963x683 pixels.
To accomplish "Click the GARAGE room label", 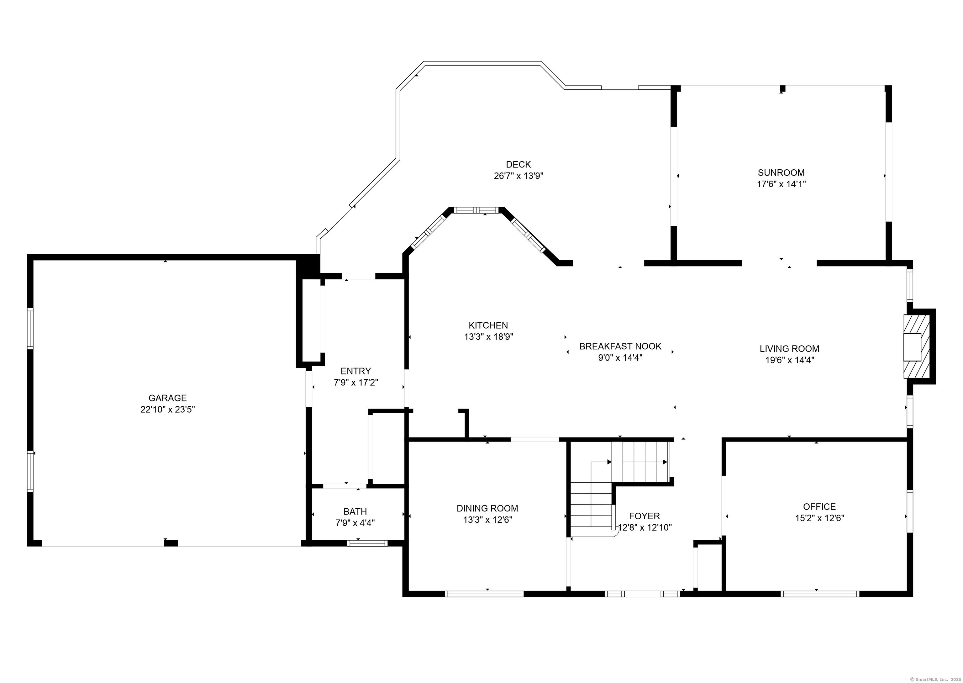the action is point(167,398).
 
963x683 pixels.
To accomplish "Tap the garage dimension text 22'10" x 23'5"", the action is point(168,409).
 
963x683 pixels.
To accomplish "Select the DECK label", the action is point(518,164).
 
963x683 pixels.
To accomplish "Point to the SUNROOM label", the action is point(781,172).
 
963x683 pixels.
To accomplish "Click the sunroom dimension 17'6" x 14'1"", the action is point(781,184).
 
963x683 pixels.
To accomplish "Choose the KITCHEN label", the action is point(488,325).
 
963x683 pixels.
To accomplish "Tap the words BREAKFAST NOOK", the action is point(620,346).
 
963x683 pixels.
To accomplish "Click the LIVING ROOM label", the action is point(789,349).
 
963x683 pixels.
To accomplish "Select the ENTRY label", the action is point(355,371).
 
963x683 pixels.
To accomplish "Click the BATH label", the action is point(355,511).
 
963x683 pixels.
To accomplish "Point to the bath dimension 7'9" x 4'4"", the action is point(355,523).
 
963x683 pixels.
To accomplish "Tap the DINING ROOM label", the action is point(487,508).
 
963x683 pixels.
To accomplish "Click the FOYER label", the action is point(645,516).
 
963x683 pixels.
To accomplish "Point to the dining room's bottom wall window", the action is point(484,594).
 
